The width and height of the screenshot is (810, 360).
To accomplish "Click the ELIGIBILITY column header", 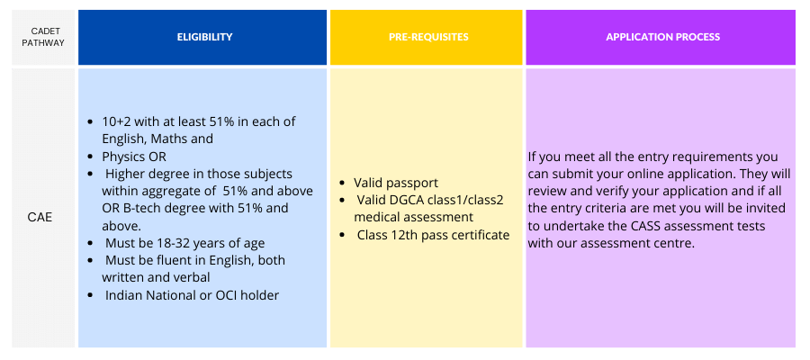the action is point(204,37).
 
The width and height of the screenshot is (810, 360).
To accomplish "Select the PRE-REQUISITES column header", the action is point(428,37).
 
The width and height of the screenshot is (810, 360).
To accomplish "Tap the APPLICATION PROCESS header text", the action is point(662,37).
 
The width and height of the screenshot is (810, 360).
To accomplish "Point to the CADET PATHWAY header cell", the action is point(43,37).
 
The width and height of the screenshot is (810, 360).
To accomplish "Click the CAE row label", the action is point(40,218).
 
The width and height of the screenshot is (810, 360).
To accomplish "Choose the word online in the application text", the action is point(659,174).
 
